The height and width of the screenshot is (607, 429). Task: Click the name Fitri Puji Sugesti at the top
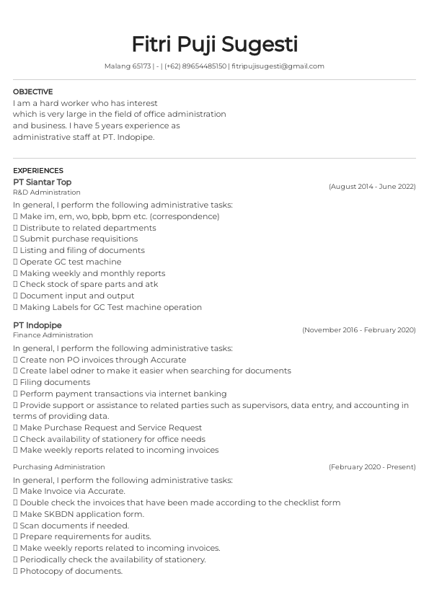point(214,44)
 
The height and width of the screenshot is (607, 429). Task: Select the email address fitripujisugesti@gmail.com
point(278,66)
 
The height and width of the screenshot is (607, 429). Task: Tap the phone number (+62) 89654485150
point(195,66)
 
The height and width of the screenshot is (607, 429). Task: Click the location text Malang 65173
point(128,66)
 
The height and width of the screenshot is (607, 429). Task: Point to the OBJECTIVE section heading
point(32,92)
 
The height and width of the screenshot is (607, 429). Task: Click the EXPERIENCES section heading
point(38,171)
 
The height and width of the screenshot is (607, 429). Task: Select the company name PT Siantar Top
point(42,182)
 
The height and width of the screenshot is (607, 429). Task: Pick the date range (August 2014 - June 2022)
point(372,187)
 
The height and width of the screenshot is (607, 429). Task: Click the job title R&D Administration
point(47,192)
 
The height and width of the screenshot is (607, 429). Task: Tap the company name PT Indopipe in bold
point(37,325)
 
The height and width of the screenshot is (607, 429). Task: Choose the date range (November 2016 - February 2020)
point(359,330)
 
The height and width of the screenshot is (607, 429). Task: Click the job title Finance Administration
point(53,335)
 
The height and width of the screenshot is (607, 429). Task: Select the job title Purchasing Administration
point(59,467)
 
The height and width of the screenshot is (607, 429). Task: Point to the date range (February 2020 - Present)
point(372,467)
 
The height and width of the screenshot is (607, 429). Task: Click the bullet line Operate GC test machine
point(70,262)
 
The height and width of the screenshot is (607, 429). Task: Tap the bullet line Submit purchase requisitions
point(78,239)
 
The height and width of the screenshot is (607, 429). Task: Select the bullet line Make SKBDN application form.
point(81,514)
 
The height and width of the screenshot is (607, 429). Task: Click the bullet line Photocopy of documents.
point(71,571)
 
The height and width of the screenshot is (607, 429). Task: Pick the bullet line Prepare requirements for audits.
point(85,536)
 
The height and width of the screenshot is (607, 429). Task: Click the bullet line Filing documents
point(54,382)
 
